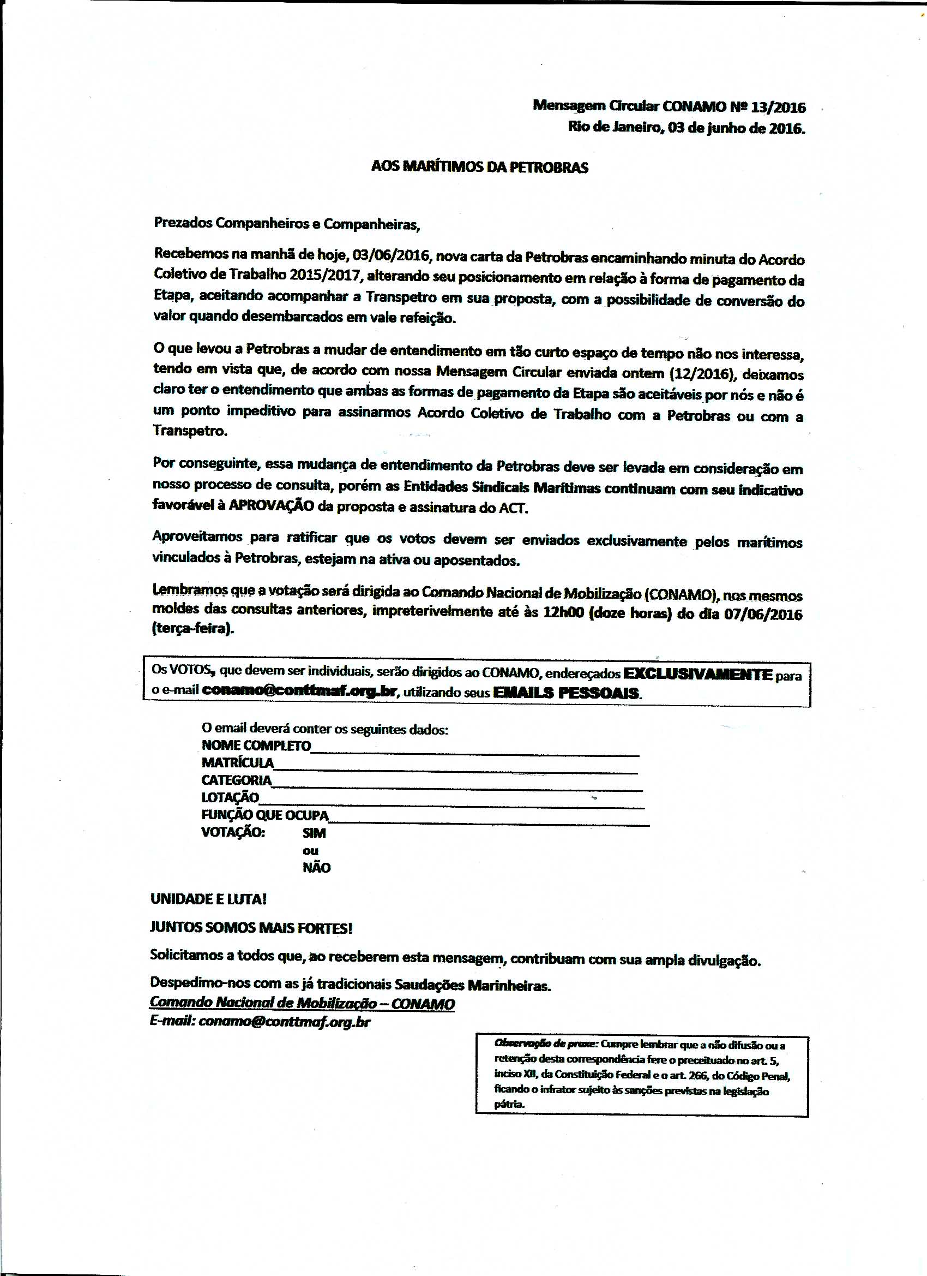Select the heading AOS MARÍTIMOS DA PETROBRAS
tap(479, 167)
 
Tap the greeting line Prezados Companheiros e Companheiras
tap(287, 224)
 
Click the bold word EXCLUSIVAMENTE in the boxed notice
tap(699, 674)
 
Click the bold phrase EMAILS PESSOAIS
tap(566, 693)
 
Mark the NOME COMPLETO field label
tap(256, 746)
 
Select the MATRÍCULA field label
tap(237, 763)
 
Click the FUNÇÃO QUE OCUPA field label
tap(265, 815)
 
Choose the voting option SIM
tap(314, 833)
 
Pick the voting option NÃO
tap(316, 868)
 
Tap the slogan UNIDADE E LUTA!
tap(208, 899)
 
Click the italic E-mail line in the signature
tap(260, 1022)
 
